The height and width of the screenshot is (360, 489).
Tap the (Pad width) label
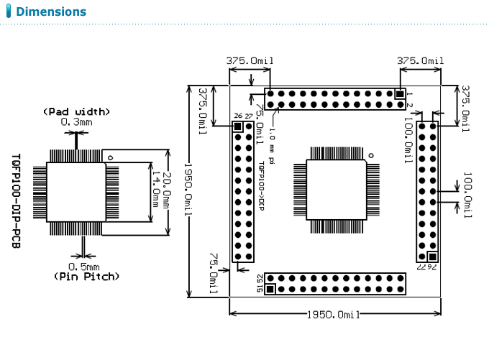pyautogui.click(x=76, y=111)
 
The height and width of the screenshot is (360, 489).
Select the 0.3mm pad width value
pyautogui.click(x=76, y=122)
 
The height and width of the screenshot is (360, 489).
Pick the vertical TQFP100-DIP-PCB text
pyautogui.click(x=17, y=200)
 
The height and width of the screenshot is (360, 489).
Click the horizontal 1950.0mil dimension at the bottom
pyautogui.click(x=333, y=315)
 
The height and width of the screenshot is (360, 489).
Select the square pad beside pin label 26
pyautogui.click(x=238, y=126)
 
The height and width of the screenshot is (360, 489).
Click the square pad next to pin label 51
pyautogui.click(x=270, y=290)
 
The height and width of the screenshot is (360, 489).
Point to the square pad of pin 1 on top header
pyautogui.click(x=400, y=94)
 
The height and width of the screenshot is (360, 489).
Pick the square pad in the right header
pyautogui.click(x=432, y=257)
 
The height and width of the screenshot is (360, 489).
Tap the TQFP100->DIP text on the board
pyautogui.click(x=262, y=183)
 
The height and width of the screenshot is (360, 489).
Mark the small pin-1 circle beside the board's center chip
pyautogui.click(x=372, y=155)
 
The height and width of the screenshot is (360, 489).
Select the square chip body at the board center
pyautogui.click(x=337, y=189)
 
